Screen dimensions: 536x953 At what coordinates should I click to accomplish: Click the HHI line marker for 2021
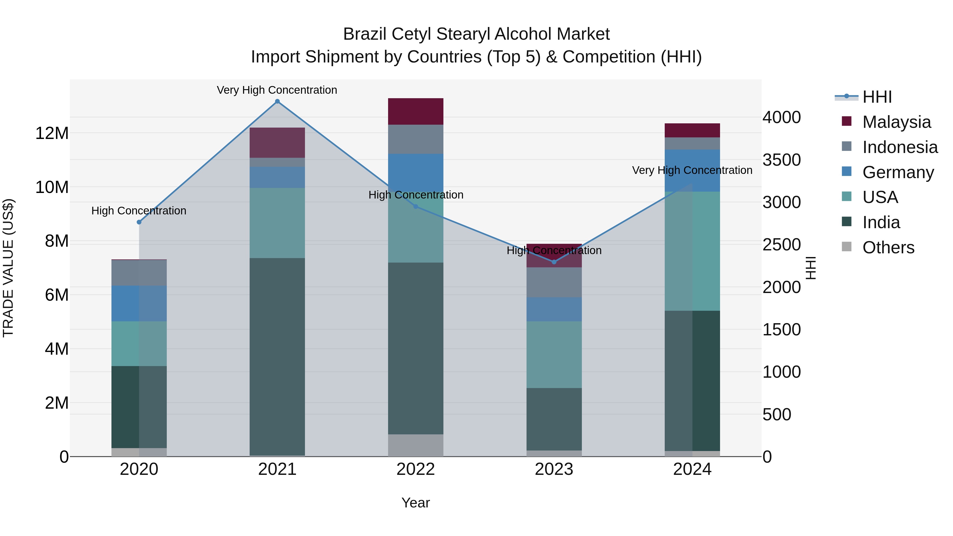(x=277, y=101)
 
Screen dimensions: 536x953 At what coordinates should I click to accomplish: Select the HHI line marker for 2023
(x=554, y=262)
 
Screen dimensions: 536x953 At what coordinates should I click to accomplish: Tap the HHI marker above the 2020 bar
(x=139, y=222)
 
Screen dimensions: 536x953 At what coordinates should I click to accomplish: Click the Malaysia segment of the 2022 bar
(x=415, y=111)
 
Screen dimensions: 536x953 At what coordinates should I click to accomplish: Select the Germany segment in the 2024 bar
(x=692, y=170)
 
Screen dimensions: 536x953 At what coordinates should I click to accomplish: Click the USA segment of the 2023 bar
(x=554, y=354)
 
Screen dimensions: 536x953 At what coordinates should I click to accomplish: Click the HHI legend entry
(x=877, y=97)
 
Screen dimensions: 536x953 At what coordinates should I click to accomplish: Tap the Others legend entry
(x=888, y=247)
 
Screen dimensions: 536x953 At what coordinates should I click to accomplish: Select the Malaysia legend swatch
(x=847, y=121)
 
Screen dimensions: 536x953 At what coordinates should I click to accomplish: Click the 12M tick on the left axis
(x=52, y=133)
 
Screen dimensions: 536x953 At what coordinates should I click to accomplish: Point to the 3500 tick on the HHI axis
(x=781, y=160)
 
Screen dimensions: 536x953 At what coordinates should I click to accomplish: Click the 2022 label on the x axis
(x=415, y=469)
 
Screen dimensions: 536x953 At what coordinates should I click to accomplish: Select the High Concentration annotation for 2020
(x=139, y=211)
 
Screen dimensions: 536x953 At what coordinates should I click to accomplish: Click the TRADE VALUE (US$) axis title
(x=8, y=268)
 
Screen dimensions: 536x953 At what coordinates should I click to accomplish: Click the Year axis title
(x=415, y=503)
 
